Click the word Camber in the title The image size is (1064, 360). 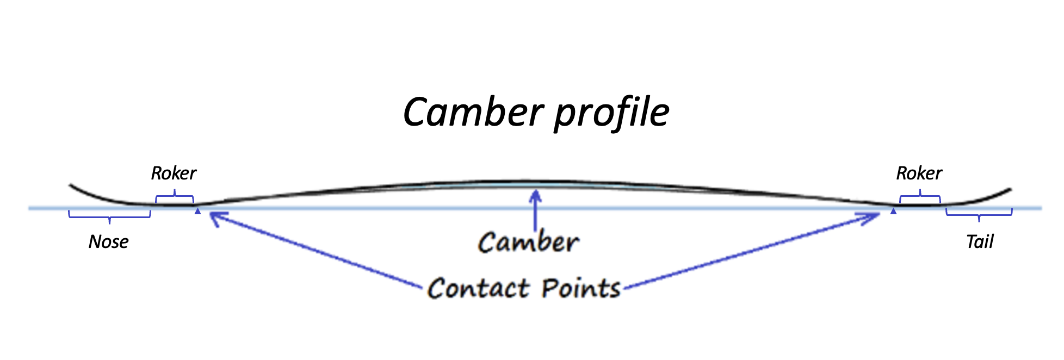[473, 112]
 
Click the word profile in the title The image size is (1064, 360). [612, 114]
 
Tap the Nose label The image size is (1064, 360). [108, 241]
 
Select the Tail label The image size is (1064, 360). [980, 241]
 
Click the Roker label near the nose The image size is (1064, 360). [174, 173]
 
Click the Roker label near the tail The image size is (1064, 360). [919, 173]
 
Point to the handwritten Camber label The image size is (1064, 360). [528, 242]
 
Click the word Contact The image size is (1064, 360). [478, 288]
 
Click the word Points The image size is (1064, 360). [581, 288]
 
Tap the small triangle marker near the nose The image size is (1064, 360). [198, 211]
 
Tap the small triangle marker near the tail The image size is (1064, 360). [893, 211]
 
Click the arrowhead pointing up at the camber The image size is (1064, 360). [536, 195]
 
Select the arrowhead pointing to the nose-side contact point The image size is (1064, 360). [214, 217]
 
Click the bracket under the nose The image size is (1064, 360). [109, 217]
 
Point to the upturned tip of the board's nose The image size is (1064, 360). [71, 186]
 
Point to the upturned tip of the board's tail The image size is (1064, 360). [1009, 190]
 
